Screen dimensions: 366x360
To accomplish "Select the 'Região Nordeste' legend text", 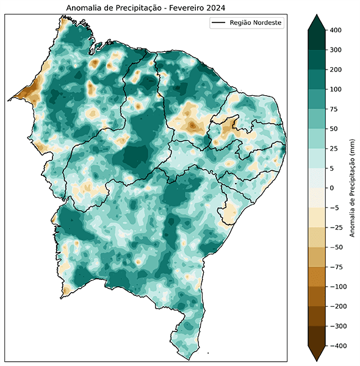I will pyautogui.click(x=256, y=23).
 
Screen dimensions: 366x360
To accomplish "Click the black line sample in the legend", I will pyautogui.click(x=218, y=23).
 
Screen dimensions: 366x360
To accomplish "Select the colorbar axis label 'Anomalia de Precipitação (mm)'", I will pyautogui.click(x=353, y=188).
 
